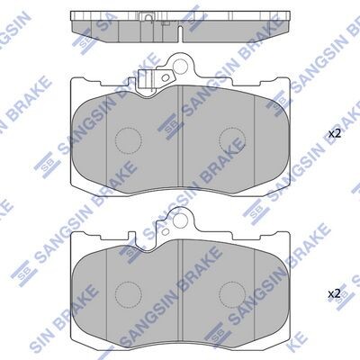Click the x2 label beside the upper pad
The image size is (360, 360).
click(335, 134)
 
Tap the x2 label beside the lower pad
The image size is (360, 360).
click(335, 293)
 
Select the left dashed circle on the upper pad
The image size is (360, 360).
click(129, 140)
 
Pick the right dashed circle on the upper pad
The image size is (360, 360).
click(232, 140)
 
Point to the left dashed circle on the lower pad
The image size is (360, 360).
click(129, 294)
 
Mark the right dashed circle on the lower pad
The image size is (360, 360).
click(232, 294)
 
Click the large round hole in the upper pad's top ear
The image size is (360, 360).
click(180, 66)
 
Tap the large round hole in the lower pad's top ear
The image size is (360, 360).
click(180, 220)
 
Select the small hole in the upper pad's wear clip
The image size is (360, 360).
click(166, 77)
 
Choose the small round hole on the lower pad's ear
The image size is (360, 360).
click(165, 232)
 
